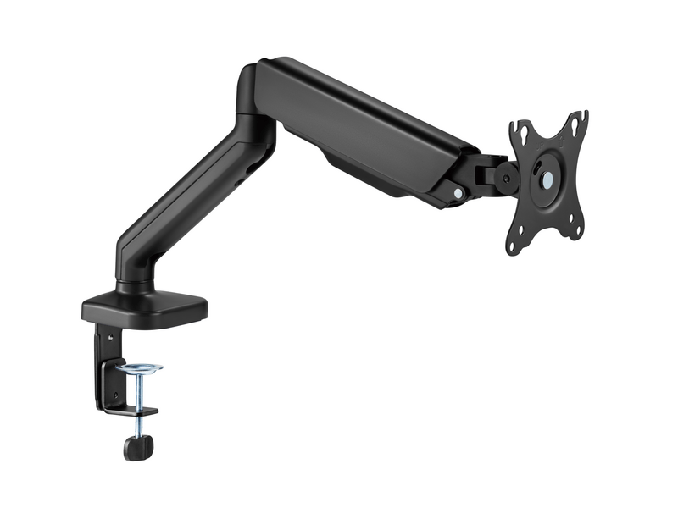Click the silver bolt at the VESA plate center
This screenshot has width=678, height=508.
[547, 180]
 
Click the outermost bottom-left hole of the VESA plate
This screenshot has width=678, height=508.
[513, 246]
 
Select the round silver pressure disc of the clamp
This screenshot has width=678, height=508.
[140, 369]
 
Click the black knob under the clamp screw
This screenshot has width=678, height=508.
[136, 446]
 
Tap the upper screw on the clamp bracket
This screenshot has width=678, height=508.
[108, 338]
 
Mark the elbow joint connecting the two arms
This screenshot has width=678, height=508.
[254, 102]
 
